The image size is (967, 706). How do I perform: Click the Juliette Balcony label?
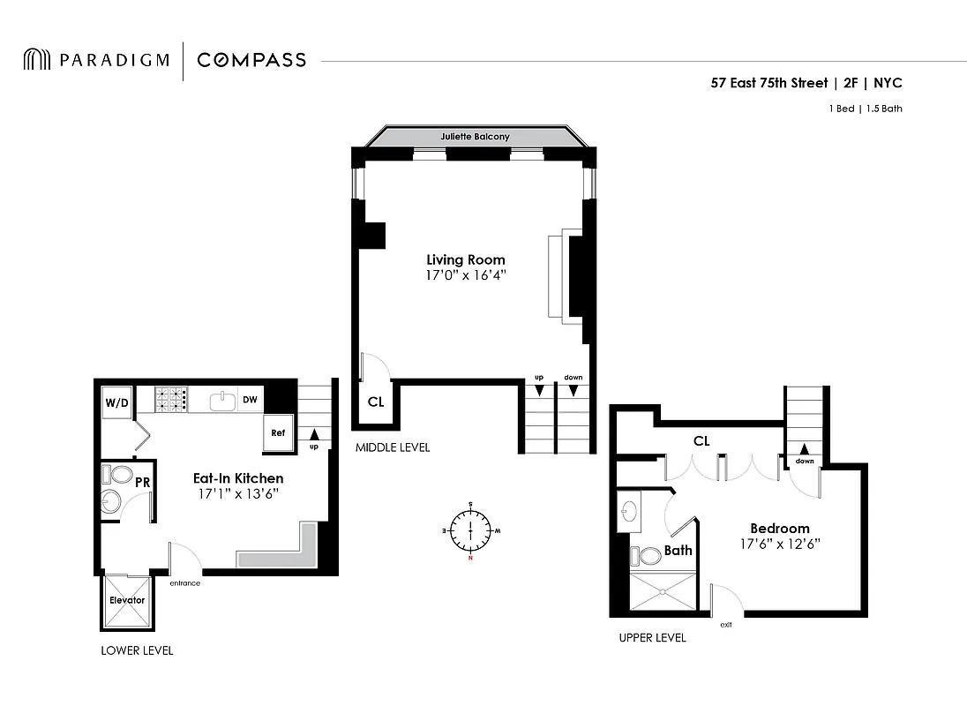(x=476, y=138)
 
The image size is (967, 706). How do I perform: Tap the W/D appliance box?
(x=116, y=402)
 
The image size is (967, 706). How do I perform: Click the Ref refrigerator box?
(x=278, y=432)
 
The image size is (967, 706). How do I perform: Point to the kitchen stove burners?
(x=172, y=401)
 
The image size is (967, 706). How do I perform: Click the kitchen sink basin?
(x=221, y=402)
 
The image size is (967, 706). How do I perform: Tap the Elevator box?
(x=126, y=601)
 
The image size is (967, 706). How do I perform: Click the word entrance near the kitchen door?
(x=184, y=583)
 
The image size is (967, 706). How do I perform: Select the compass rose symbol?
(x=470, y=530)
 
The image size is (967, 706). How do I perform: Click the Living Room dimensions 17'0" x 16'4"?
(x=466, y=276)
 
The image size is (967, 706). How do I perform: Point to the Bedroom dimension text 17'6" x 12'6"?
(x=780, y=545)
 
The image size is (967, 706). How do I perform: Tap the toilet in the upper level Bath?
(x=649, y=556)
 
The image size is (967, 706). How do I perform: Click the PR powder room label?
(x=141, y=483)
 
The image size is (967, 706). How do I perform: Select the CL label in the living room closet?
(x=376, y=402)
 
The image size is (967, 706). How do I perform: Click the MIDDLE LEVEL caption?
(x=393, y=447)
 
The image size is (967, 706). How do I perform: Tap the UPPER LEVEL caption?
(x=652, y=638)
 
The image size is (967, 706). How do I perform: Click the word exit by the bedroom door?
(x=725, y=625)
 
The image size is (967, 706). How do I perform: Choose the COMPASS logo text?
(x=251, y=60)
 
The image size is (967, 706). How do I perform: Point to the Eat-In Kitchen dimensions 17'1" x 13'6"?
(x=238, y=495)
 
